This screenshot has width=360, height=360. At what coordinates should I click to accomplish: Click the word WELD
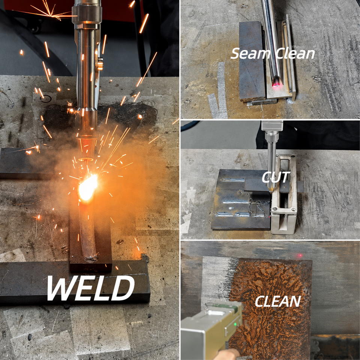[91, 288]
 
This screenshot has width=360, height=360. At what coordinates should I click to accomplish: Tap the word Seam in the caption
[251, 54]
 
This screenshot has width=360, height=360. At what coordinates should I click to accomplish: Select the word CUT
[276, 177]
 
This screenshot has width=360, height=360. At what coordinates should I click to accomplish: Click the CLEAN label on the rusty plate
[278, 301]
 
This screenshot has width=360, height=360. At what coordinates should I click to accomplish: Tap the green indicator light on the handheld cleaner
[235, 324]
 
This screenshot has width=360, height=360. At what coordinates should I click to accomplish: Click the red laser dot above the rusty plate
[300, 255]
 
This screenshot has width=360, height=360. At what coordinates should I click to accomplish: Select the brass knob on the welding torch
[100, 64]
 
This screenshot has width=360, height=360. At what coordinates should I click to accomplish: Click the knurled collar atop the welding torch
[87, 15]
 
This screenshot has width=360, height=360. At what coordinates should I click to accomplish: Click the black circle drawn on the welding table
[46, 99]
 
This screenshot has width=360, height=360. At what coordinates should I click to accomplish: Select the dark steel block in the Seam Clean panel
[252, 61]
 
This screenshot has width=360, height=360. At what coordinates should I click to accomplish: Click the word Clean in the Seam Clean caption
[295, 54]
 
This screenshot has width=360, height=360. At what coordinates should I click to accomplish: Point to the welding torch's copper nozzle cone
[86, 149]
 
